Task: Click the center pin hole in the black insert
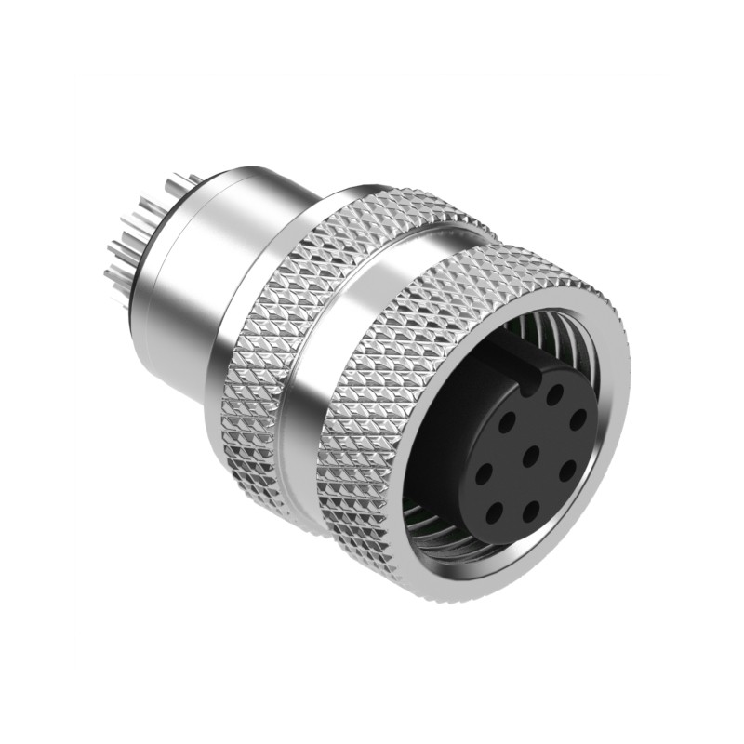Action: pos(529,455)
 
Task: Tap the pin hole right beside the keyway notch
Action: pos(554,394)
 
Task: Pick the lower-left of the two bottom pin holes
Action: pos(494,510)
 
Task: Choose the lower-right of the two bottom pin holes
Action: pos(531,510)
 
